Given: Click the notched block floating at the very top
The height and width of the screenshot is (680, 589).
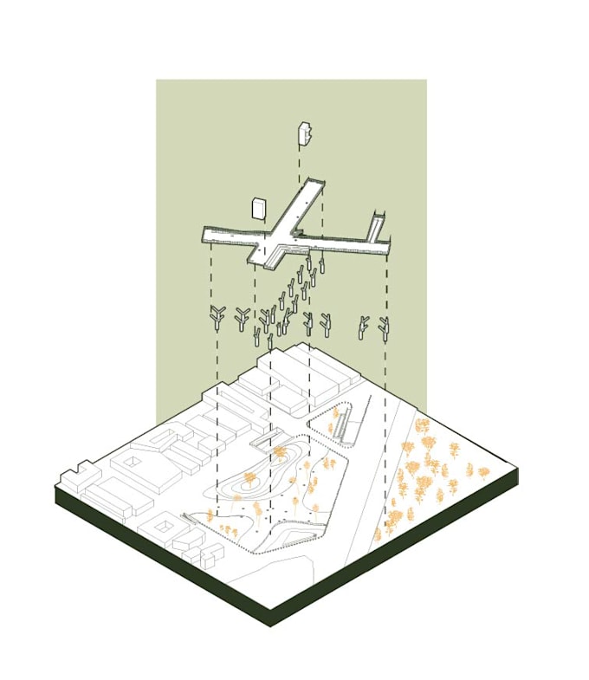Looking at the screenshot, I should (x=304, y=133).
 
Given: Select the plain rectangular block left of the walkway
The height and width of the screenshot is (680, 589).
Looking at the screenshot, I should (x=258, y=209).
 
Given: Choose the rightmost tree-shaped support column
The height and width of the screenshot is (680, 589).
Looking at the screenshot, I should (x=383, y=327).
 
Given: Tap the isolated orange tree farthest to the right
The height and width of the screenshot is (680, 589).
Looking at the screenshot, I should (x=483, y=470).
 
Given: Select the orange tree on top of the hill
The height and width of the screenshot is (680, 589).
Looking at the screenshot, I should (x=279, y=454).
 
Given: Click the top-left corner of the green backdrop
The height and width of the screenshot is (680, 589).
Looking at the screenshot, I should (x=157, y=81).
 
